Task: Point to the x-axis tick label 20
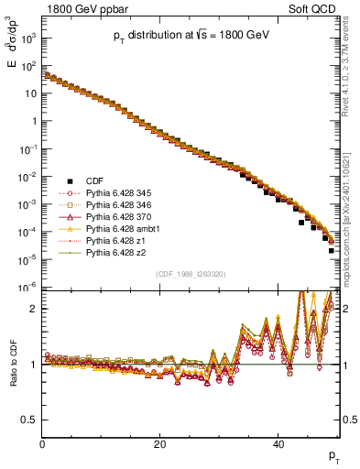point(160,444)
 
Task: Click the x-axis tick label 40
point(278,444)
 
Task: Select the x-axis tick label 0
point(42,444)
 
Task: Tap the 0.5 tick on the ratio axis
point(30,420)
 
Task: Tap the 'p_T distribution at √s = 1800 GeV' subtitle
point(190,36)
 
